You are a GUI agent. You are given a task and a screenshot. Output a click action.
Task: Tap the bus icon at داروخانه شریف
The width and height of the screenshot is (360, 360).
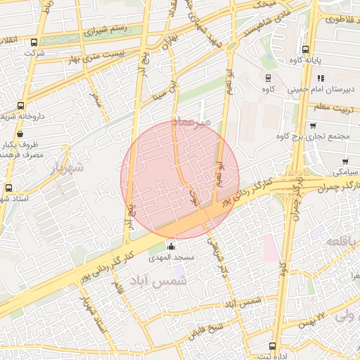pos(20,106)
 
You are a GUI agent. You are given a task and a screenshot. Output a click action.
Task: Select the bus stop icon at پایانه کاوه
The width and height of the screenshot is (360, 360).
pos(305,50)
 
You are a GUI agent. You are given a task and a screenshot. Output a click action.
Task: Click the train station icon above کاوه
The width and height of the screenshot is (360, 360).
pos(268,78)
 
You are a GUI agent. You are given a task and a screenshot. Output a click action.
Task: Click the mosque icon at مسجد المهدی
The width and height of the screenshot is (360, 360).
pos(171,246)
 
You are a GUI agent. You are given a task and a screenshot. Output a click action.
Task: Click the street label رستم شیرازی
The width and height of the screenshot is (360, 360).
pos(105,30)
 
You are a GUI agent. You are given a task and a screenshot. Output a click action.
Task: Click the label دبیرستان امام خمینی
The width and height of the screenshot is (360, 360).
pos(319,90)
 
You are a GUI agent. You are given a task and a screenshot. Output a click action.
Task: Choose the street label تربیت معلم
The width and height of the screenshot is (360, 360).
pos(330,107)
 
